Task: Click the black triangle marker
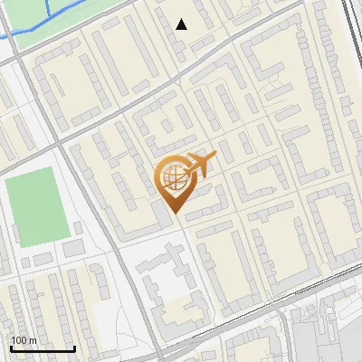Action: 182,24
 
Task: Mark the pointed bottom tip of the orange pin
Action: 176,214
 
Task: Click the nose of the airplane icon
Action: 215,157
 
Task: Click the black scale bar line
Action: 43,348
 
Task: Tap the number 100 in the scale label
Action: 18,340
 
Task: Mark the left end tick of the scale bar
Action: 11,347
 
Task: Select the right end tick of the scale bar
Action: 74,347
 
